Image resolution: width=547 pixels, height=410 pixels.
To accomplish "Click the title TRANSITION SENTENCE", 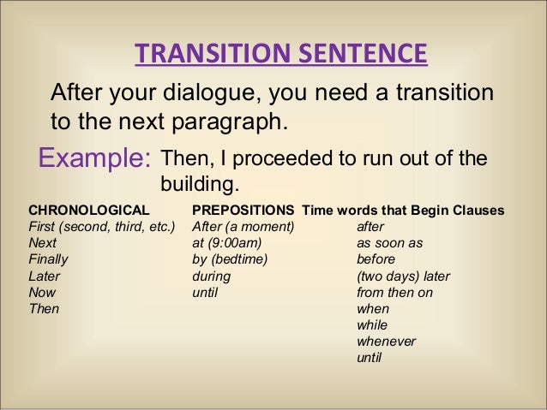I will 280,57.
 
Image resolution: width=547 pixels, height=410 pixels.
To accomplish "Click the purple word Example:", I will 92,159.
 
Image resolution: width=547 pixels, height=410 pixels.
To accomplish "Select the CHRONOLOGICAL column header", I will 89,211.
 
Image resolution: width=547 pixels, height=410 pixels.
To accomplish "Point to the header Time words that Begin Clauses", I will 403,211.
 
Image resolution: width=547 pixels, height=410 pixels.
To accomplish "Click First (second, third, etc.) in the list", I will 102,227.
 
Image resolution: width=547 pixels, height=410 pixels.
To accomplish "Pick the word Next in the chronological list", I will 43,243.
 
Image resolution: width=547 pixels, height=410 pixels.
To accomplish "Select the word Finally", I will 49,259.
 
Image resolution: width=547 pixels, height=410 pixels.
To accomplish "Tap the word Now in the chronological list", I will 42,292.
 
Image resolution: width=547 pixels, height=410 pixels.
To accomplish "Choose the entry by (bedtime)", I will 231,259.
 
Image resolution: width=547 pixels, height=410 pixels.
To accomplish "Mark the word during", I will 212,276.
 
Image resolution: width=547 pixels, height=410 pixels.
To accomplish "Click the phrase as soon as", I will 389,243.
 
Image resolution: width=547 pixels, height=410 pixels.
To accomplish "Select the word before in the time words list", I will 376,259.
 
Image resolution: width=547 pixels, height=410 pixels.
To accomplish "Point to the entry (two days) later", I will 403,276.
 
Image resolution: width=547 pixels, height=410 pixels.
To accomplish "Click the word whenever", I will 386,341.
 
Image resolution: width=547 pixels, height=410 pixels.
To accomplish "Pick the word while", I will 372,324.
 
